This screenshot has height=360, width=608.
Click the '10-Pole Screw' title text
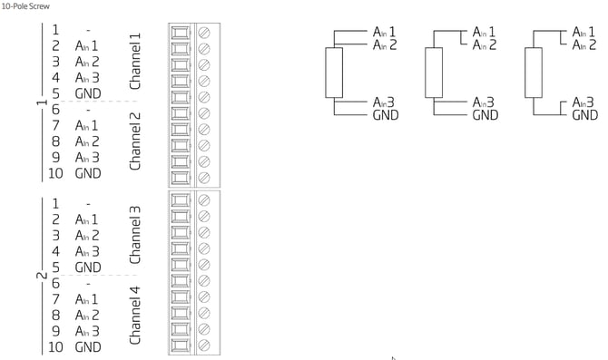[x=25, y=6]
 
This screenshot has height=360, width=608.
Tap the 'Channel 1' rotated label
[x=134, y=62]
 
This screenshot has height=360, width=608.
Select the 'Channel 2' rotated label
[x=134, y=141]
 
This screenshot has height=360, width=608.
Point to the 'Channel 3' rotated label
[x=134, y=235]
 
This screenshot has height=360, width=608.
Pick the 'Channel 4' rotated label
[x=134, y=316]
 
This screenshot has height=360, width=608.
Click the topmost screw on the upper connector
[x=204, y=33]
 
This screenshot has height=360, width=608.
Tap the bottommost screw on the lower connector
[x=204, y=345]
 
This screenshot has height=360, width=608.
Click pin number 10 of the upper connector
[x=55, y=173]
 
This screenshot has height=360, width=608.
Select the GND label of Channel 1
[x=88, y=93]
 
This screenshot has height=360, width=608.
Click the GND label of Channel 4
[x=88, y=346]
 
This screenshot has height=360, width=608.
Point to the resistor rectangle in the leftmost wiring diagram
[x=334, y=73]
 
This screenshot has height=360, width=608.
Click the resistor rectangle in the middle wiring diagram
[x=434, y=73]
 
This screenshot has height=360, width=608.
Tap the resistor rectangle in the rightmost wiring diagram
[x=534, y=73]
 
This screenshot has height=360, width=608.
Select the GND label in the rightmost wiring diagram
[x=584, y=115]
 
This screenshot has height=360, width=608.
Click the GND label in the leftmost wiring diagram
[x=386, y=115]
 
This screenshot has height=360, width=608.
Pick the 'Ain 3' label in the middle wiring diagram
[x=483, y=102]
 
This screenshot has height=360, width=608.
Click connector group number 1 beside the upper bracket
[x=42, y=102]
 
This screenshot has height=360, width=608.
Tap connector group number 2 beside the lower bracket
[x=42, y=276]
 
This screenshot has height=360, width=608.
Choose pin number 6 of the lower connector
[x=56, y=283]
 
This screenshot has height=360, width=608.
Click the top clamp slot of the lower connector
[x=181, y=200]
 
